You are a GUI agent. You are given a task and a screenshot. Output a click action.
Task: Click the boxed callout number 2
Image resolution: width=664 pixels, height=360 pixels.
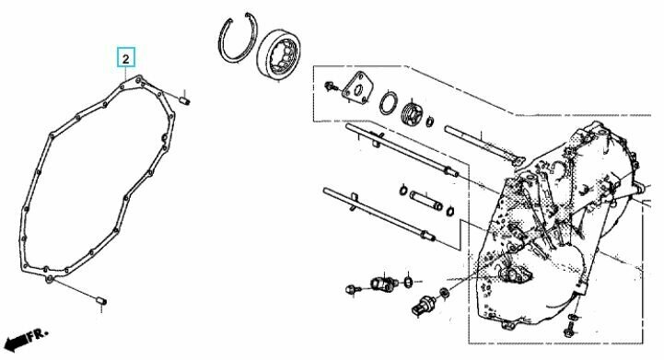pyautogui.click(x=126, y=58)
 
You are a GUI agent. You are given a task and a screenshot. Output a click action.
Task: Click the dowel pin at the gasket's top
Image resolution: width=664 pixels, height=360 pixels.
pyautogui.click(x=185, y=100)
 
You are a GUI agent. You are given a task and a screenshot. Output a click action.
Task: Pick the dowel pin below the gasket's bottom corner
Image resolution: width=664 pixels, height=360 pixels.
pyautogui.click(x=101, y=300)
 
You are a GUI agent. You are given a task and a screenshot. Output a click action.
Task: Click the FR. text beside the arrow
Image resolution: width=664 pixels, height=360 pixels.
pyautogui.click(x=37, y=334)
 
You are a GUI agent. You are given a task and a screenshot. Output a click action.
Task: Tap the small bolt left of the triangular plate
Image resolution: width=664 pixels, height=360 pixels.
pyautogui.click(x=330, y=87)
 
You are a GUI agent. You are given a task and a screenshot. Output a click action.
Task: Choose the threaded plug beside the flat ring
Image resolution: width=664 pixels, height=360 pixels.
pyautogui.click(x=412, y=113)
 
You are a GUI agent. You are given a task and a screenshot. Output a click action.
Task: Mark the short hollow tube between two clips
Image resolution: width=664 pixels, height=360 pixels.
pyautogui.click(x=425, y=200)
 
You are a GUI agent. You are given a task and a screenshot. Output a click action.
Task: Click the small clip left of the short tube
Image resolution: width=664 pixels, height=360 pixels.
pyautogui.click(x=403, y=191)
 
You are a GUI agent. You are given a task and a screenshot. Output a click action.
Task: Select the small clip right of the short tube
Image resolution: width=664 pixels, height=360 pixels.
pyautogui.click(x=451, y=211)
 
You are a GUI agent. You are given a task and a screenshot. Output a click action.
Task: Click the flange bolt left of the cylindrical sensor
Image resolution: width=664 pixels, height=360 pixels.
pyautogui.click(x=353, y=290)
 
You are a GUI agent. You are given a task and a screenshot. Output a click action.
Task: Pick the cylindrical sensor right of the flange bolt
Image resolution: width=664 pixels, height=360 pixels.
pyautogui.click(x=385, y=284)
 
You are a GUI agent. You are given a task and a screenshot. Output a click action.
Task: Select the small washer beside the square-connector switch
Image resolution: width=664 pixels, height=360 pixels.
pyautogui.click(x=445, y=292)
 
